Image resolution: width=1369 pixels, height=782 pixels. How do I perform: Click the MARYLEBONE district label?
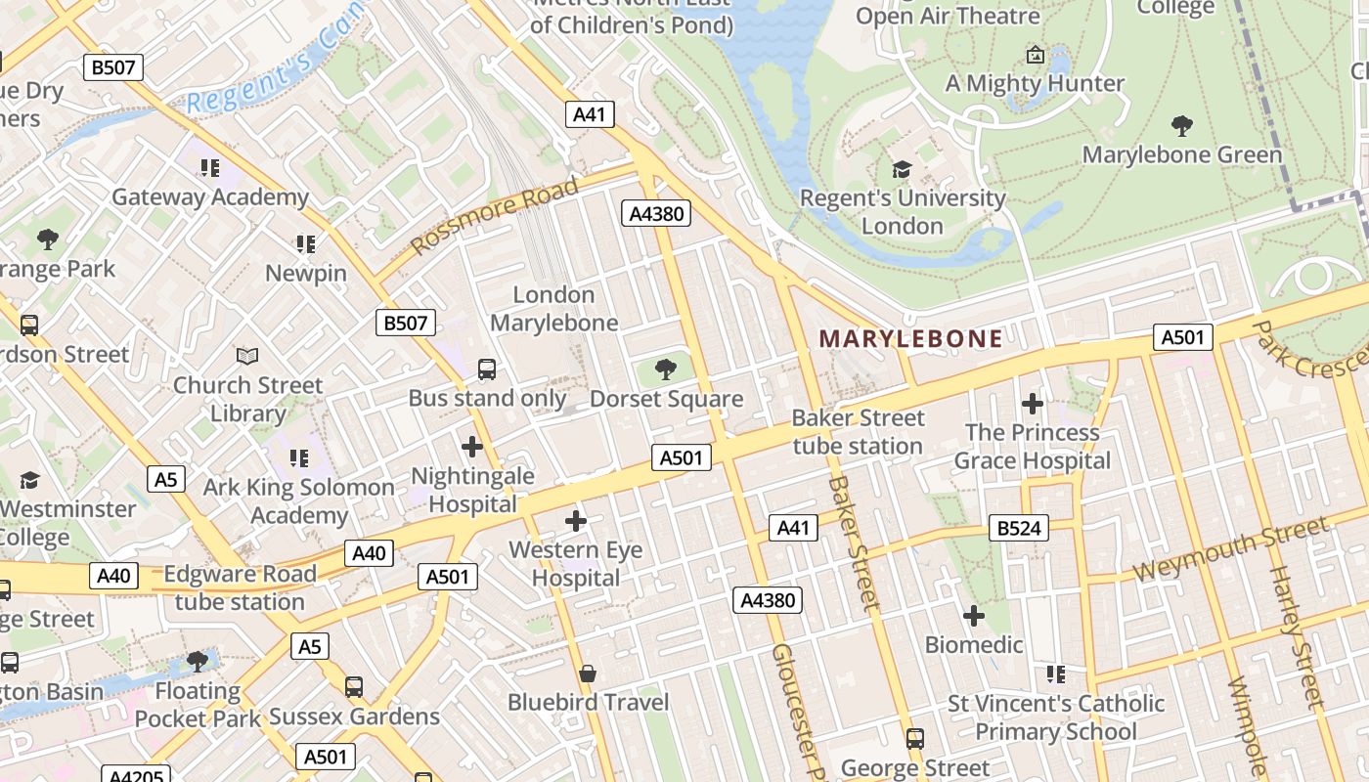pos(910,339)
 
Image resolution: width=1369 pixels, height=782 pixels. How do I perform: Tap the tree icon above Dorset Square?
pos(666,369)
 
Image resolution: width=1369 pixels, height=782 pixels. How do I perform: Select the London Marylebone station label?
pos(553,309)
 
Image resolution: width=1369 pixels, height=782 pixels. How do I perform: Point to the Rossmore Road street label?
pos(494,216)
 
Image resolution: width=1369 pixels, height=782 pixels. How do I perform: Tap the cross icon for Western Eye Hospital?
pos(576,521)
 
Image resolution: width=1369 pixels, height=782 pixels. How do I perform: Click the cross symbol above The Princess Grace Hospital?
pos(1032,403)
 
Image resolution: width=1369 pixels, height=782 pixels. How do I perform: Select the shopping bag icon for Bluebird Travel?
pos(588,673)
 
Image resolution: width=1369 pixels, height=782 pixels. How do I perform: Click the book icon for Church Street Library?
pos(248,357)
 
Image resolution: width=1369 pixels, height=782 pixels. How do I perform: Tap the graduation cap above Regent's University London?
pos(902,170)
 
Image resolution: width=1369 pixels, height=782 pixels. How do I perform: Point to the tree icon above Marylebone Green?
pos(1181,125)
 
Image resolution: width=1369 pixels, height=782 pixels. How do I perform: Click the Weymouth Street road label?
pos(1231,549)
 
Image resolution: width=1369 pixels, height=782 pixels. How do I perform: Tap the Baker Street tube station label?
pos(858,432)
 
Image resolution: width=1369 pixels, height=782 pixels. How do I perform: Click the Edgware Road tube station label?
pos(240,587)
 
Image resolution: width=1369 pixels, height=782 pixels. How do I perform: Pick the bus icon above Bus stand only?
pos(486,369)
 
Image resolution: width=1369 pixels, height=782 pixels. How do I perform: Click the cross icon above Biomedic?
pos(973,616)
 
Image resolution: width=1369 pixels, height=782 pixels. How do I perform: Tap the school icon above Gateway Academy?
pos(209,168)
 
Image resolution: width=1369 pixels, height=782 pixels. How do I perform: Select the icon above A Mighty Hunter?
pos(1035,55)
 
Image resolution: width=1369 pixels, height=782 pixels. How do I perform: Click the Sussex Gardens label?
pos(354,717)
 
